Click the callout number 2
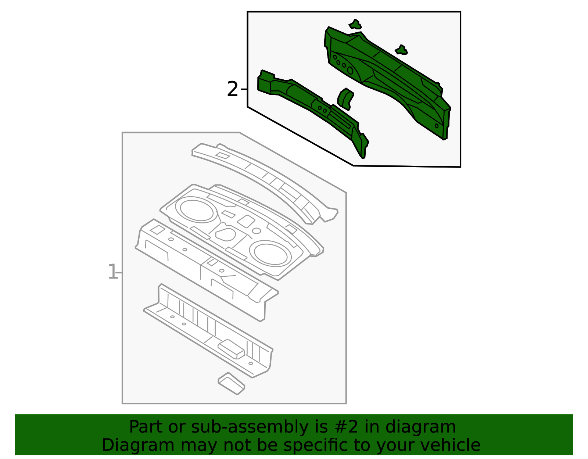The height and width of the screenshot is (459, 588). click(x=232, y=89)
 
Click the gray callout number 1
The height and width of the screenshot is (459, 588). click(x=112, y=272)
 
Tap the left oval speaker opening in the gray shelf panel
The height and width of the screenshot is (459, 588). click(x=196, y=211)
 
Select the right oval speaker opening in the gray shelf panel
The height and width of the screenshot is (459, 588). click(x=270, y=254)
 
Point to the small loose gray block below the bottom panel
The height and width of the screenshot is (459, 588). click(x=232, y=384)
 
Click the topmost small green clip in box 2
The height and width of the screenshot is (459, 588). click(x=355, y=24)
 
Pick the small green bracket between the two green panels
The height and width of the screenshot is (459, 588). click(x=345, y=99)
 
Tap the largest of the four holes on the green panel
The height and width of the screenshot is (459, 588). click(x=350, y=70)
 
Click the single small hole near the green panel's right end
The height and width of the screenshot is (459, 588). click(x=437, y=126)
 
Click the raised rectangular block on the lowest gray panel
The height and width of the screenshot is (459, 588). click(x=232, y=349)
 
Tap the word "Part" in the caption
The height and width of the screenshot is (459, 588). click(x=146, y=427)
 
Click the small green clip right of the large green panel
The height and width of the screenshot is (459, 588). click(x=401, y=50)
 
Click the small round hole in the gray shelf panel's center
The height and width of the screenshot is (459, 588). click(x=256, y=231)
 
